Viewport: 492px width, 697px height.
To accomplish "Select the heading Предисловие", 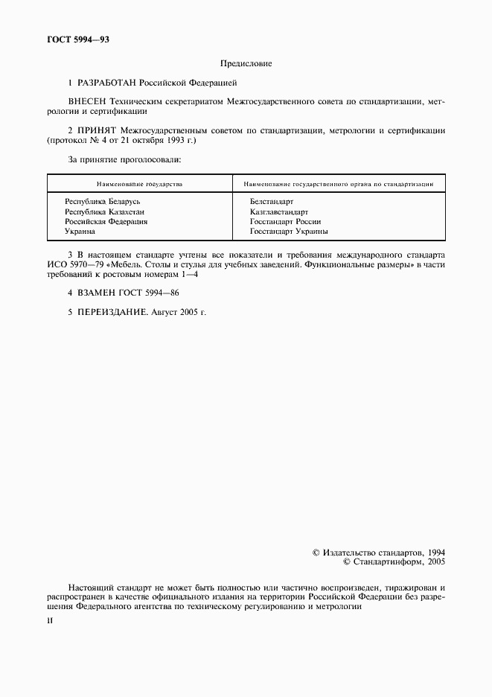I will pyautogui.click(x=246, y=63).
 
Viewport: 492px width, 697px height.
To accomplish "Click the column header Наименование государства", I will pyautogui.click(x=139, y=183).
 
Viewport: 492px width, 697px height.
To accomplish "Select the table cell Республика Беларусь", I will pyautogui.click(x=103, y=202).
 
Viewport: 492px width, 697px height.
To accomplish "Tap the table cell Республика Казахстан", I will pyautogui.click(x=104, y=211).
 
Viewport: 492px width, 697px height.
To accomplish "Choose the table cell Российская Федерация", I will pyautogui.click(x=106, y=221).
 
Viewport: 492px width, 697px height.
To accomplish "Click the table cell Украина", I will pyautogui.click(x=80, y=232).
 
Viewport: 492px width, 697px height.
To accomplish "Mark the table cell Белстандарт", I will pyautogui.click(x=272, y=202).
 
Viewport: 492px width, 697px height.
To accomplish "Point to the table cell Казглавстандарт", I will pyautogui.click(x=279, y=211).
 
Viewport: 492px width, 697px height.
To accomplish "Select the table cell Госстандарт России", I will pyautogui.click(x=286, y=221).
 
